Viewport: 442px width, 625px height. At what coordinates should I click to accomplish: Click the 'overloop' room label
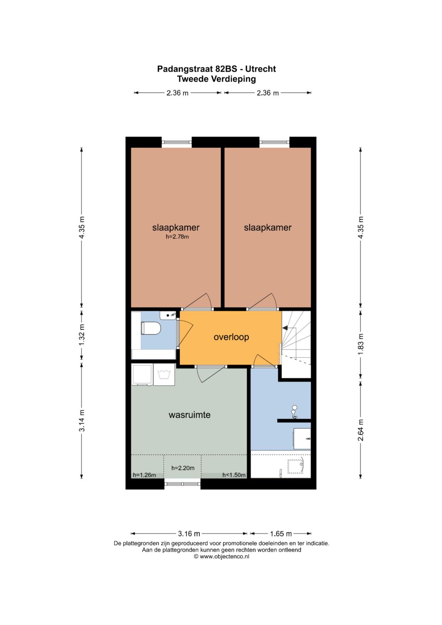pyautogui.click(x=231, y=337)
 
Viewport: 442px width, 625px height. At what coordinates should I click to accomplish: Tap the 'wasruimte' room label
pyautogui.click(x=189, y=415)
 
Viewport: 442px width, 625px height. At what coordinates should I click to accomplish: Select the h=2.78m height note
pyautogui.click(x=177, y=237)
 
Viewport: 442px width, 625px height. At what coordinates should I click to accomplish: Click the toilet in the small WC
pyautogui.click(x=151, y=328)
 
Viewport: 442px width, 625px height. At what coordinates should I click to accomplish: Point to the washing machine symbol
pyautogui.click(x=164, y=375)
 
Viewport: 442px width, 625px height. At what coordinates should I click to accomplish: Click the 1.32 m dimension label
pyautogui.click(x=82, y=334)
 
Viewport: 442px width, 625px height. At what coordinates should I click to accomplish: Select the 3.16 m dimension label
pyautogui.click(x=189, y=533)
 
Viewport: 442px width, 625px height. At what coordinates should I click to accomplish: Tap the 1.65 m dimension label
pyautogui.click(x=281, y=533)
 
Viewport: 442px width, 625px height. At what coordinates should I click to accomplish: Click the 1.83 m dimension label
pyautogui.click(x=361, y=344)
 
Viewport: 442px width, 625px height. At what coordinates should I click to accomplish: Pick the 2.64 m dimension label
pyautogui.click(x=361, y=430)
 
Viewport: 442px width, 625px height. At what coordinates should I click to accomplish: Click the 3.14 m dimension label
pyautogui.click(x=82, y=420)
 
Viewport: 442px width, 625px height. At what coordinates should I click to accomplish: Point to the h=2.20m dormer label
pyautogui.click(x=183, y=468)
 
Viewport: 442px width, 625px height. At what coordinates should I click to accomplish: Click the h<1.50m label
pyautogui.click(x=234, y=475)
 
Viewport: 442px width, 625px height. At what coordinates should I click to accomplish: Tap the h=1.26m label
pyautogui.click(x=144, y=475)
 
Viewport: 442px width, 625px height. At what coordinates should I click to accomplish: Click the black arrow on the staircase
pyautogui.click(x=285, y=328)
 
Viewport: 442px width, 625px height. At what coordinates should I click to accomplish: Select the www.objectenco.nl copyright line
pyautogui.click(x=221, y=556)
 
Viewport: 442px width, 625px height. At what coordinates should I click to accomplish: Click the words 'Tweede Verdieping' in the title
pyautogui.click(x=216, y=79)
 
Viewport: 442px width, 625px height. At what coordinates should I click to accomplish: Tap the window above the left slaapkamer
pyautogui.click(x=177, y=142)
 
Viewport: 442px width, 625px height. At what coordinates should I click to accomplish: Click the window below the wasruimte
pyautogui.click(x=183, y=484)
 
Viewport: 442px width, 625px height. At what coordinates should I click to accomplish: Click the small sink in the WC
pyautogui.click(x=168, y=315)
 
